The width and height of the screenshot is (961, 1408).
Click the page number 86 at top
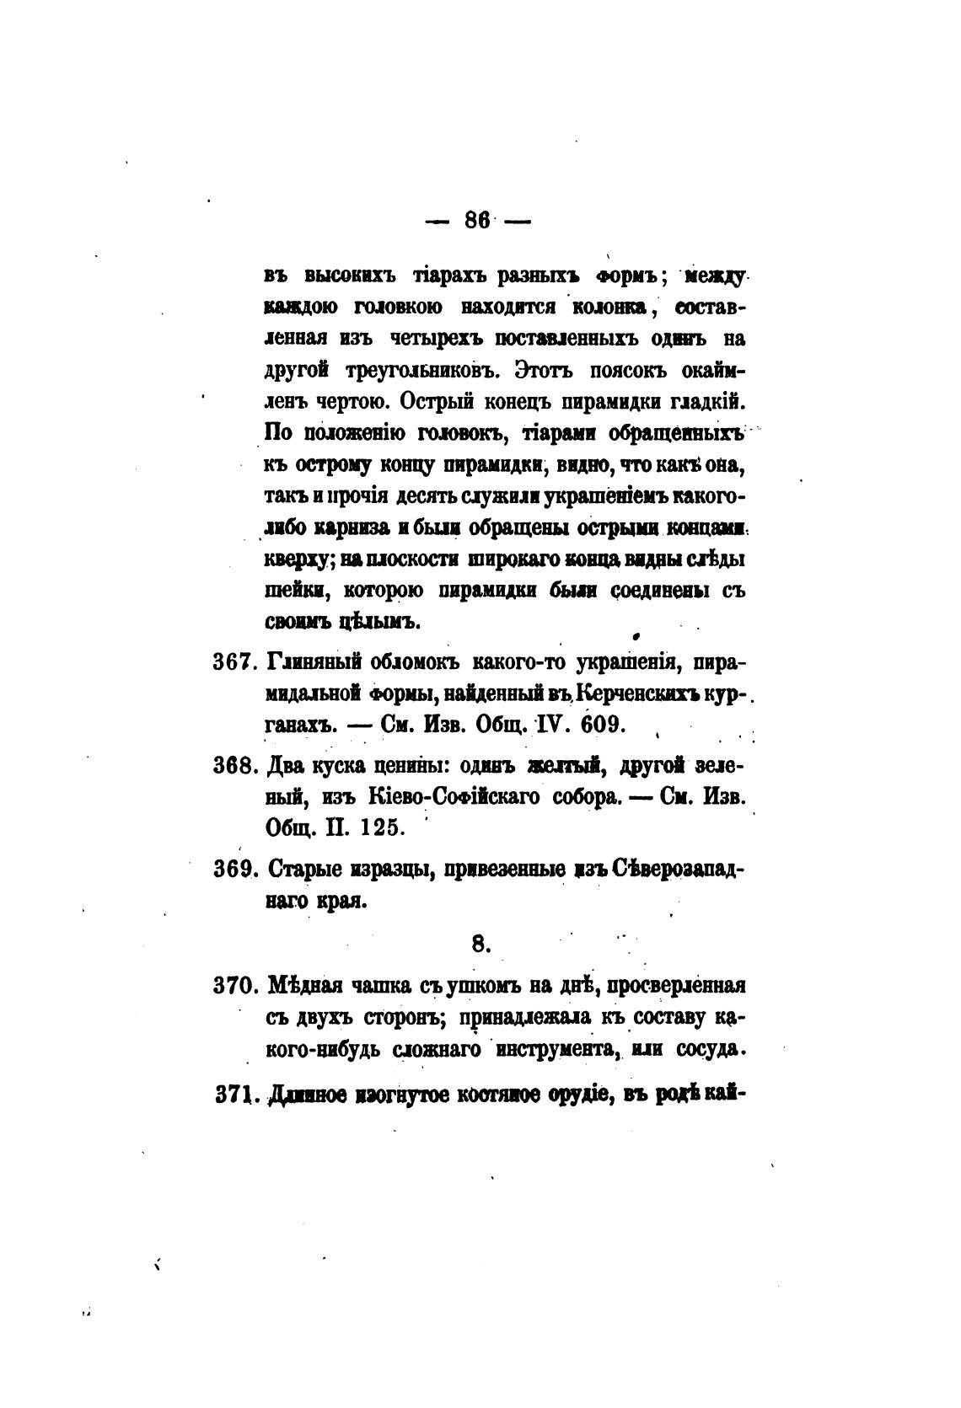[477, 221]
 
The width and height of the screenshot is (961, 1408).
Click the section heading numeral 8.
[480, 945]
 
